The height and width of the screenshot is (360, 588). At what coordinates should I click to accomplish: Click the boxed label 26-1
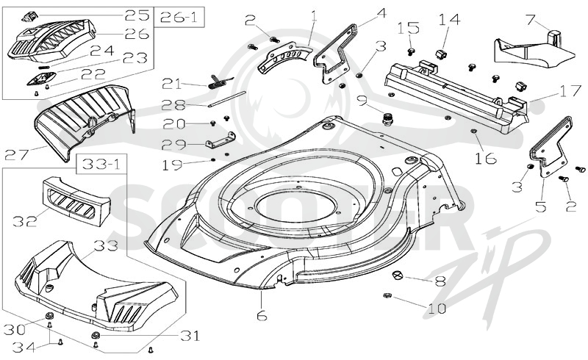179,17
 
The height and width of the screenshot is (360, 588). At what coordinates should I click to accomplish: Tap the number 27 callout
16,154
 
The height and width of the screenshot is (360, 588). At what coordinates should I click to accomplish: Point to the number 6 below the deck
262,316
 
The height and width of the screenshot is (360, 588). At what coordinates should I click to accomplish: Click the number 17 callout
570,91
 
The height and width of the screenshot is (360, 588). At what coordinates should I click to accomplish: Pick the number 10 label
437,309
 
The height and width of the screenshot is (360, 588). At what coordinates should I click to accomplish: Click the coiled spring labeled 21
220,82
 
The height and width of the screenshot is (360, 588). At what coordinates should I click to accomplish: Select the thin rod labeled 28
227,99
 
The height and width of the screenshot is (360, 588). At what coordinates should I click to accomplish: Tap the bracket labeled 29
220,139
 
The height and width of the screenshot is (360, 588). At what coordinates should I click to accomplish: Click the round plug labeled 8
397,275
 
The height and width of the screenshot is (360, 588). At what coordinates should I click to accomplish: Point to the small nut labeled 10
387,295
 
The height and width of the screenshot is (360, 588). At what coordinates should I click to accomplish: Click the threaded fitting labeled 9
386,120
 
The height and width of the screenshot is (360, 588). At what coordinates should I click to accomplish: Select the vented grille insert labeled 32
76,202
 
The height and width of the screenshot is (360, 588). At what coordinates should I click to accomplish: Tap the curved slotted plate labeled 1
284,57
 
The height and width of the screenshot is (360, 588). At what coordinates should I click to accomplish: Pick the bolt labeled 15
412,51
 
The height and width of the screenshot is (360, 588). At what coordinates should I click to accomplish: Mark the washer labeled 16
473,131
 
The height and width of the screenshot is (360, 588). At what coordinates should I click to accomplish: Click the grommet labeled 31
96,334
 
